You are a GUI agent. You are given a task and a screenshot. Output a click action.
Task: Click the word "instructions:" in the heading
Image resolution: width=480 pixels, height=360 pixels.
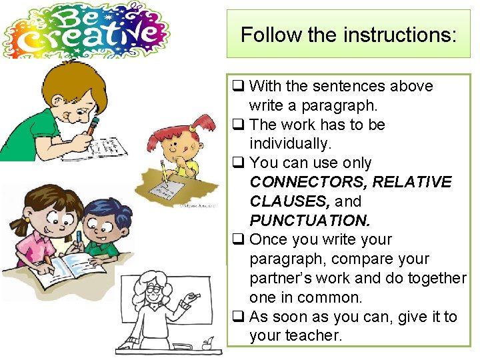pos(407,35)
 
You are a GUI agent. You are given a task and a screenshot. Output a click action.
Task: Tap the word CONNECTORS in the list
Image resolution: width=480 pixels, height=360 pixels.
pos(308,182)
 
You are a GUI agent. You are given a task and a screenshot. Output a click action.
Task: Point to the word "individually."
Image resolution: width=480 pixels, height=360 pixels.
pos(290,143)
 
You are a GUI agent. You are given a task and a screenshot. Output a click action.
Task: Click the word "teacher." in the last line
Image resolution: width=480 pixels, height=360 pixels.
pos(295,335)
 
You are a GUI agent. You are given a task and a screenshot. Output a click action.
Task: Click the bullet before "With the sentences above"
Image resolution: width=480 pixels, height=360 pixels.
pos(237,86)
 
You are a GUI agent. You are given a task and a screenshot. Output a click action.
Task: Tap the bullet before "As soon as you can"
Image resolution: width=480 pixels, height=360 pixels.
pos(237,317)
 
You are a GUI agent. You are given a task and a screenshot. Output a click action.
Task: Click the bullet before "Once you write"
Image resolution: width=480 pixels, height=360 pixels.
pos(237,239)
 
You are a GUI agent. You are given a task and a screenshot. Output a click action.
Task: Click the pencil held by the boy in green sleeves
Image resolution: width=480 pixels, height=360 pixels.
pos(91,127)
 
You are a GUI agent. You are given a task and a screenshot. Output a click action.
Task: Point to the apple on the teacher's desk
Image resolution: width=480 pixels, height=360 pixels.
pos(207,343)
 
